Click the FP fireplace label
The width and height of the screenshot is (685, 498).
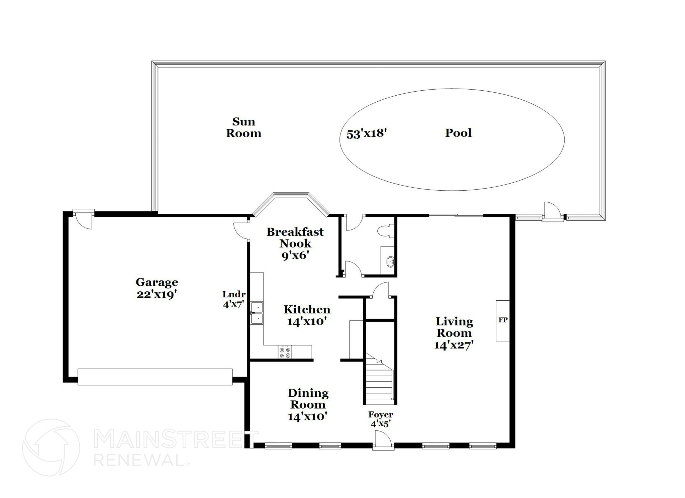pyautogui.click(x=503, y=320)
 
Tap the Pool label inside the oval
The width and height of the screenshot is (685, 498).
pyautogui.click(x=458, y=133)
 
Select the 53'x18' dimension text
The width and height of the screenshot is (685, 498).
pyautogui.click(x=367, y=134)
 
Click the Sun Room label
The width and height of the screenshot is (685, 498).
pyautogui.click(x=243, y=127)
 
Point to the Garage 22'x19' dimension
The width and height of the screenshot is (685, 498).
pyautogui.click(x=156, y=295)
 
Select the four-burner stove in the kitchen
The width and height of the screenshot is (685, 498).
pyautogui.click(x=285, y=352)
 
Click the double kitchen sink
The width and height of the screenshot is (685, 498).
pyautogui.click(x=257, y=313)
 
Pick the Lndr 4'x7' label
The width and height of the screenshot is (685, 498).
pyautogui.click(x=234, y=299)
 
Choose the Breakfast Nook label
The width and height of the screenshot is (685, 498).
pyautogui.click(x=295, y=237)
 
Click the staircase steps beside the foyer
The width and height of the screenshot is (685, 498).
pyautogui.click(x=379, y=385)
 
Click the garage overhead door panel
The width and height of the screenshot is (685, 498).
pyautogui.click(x=155, y=377)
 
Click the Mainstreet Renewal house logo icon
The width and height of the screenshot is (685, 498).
pyautogui.click(x=51, y=447)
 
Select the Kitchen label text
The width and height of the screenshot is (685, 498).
pyautogui.click(x=307, y=309)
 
